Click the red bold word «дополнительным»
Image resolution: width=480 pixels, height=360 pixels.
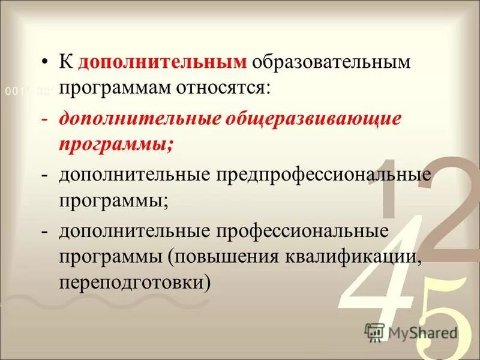point(162,63)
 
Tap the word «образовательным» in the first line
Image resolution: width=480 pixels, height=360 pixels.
point(331,63)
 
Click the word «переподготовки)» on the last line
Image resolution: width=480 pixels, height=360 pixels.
point(135,283)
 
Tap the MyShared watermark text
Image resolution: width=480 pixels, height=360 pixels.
point(423,333)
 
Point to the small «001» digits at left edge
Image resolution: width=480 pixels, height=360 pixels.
point(13,91)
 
